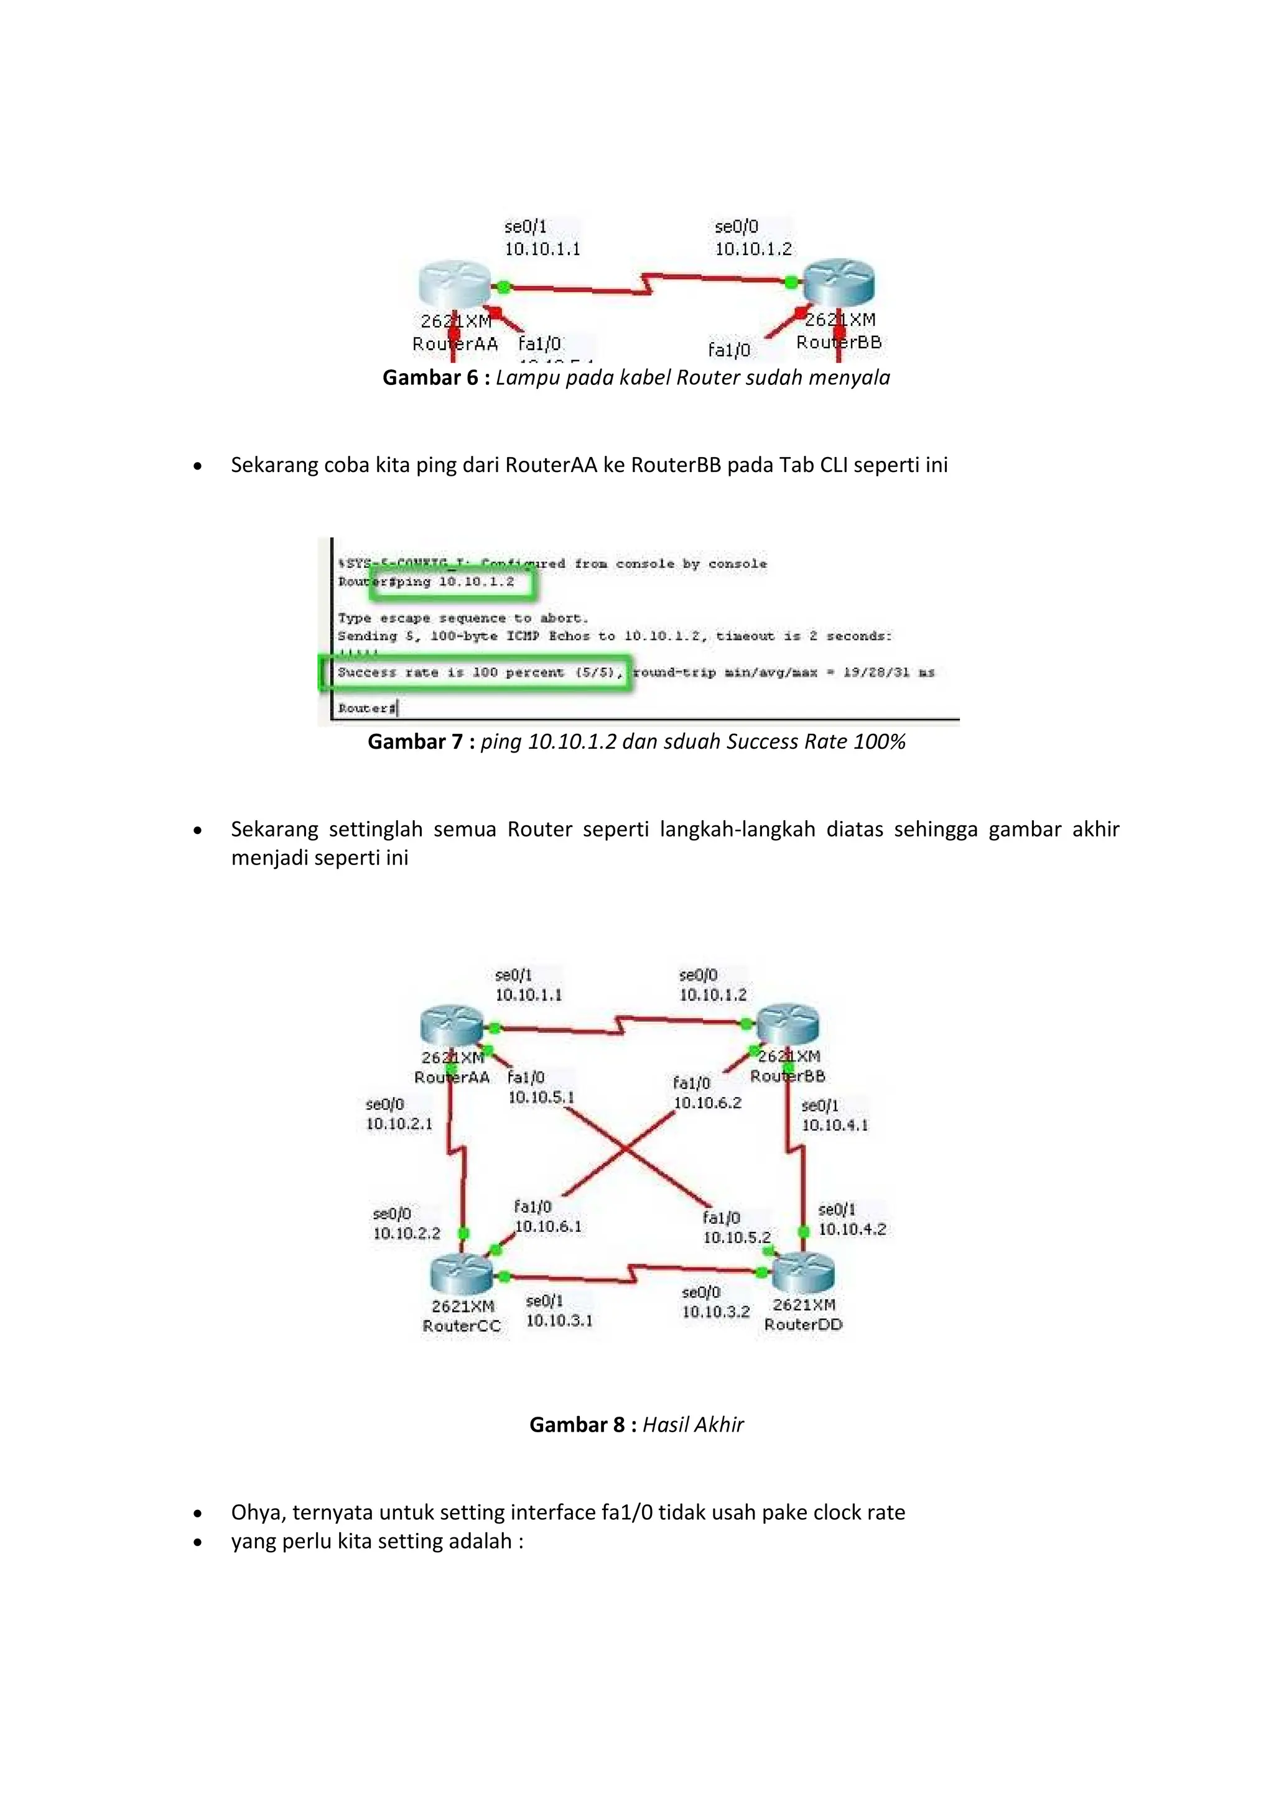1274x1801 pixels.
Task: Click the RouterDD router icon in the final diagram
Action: click(803, 1272)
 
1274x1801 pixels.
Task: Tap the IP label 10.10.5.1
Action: click(541, 1098)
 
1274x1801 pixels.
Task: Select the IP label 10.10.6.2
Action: click(707, 1103)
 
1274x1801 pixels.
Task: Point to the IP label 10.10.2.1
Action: click(399, 1124)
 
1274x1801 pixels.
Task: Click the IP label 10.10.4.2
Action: click(852, 1229)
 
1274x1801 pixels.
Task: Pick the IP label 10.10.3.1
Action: click(559, 1321)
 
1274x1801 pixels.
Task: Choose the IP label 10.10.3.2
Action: click(715, 1312)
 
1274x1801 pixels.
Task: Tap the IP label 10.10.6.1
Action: click(548, 1227)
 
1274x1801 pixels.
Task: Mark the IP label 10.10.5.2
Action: click(737, 1238)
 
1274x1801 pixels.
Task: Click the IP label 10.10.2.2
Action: click(406, 1233)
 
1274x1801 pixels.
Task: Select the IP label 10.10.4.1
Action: click(835, 1126)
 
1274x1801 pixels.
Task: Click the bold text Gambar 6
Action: click(430, 378)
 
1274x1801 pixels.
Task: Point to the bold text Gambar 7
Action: click(415, 742)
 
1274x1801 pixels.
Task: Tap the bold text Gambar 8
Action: click(577, 1425)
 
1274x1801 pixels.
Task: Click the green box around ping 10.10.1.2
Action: click(453, 583)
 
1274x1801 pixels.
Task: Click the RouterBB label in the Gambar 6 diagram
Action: click(839, 343)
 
